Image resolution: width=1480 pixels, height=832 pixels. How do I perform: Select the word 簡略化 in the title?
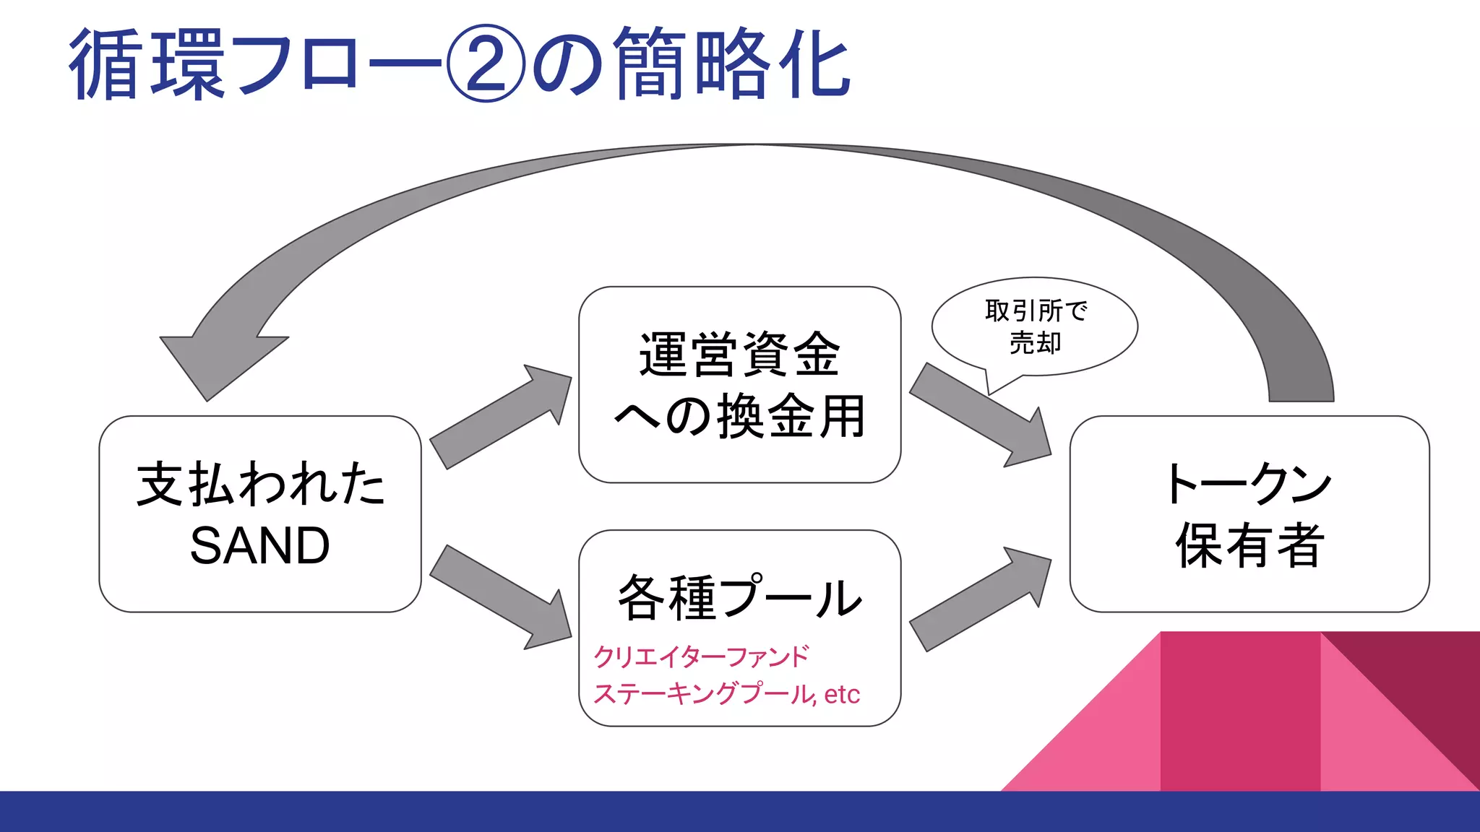point(732,64)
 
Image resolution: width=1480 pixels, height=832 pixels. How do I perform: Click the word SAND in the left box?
point(260,545)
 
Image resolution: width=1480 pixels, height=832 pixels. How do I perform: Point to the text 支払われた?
point(260,484)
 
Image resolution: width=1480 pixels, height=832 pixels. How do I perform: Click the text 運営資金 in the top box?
point(739,355)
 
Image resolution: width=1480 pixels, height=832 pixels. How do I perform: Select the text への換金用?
point(739,417)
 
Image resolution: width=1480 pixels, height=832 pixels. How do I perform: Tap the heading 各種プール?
point(739,597)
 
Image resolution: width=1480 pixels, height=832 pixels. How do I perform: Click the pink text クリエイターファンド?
point(701,656)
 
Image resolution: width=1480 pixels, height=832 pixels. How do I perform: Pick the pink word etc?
point(842,694)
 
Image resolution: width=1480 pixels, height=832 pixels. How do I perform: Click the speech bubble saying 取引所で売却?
point(1035,326)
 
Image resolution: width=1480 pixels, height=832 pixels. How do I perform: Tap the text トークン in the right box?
point(1249,484)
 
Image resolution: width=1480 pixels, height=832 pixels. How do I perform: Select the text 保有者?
point(1249,545)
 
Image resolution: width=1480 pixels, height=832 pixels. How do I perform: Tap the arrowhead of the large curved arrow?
point(217,361)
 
